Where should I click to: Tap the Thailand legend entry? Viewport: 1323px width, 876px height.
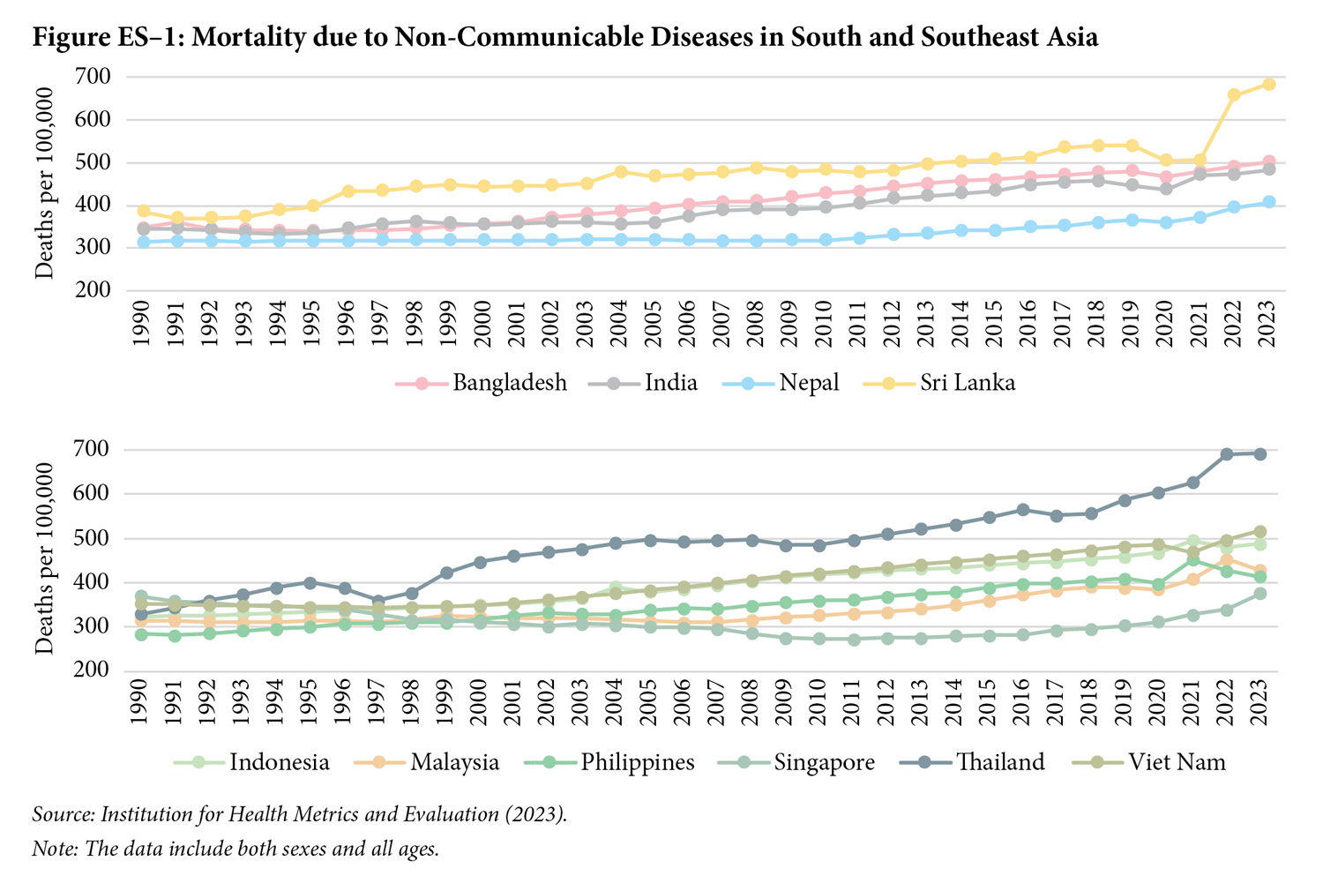coord(1000,762)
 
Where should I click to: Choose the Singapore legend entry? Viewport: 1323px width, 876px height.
coord(824,762)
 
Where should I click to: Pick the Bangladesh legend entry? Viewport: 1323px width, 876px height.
coord(509,383)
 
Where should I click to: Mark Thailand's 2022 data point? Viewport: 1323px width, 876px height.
coord(1226,454)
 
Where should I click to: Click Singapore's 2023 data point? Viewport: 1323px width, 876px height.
coord(1260,594)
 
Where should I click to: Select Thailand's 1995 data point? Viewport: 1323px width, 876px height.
coord(310,582)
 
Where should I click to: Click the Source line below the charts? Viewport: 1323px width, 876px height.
coord(299,813)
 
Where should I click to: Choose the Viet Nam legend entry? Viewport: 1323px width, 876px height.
coord(1177,762)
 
